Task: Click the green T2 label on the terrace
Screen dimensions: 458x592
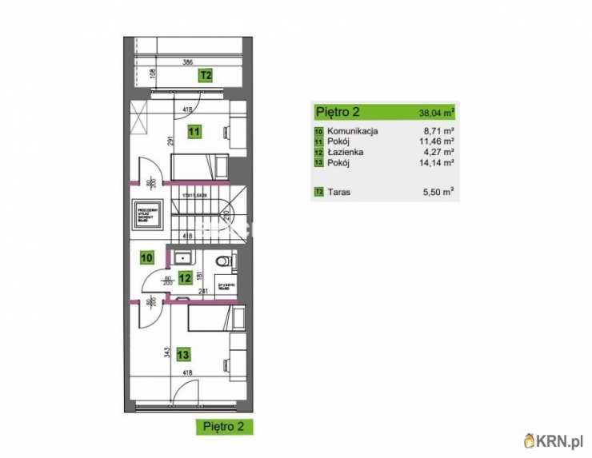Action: pos(206,76)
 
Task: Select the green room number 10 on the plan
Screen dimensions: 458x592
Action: pos(146,257)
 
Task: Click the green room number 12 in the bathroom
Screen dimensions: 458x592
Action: pos(185,278)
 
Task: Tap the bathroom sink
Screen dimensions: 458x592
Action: pos(182,257)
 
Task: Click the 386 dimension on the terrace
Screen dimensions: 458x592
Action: pos(187,62)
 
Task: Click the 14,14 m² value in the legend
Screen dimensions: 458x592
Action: pos(438,162)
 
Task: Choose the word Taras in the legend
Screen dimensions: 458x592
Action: pos(340,192)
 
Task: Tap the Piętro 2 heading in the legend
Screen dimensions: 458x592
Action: pos(338,111)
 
